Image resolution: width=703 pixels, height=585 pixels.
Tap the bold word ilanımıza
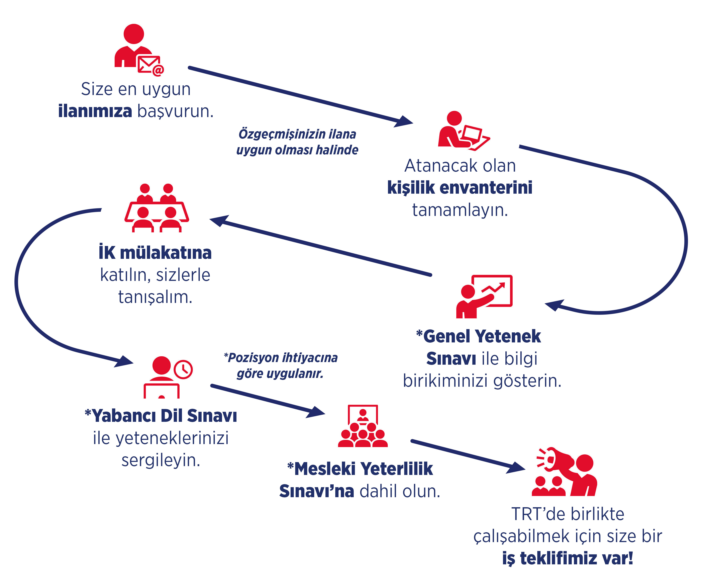[95, 111]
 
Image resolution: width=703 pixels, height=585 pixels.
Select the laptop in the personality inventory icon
[472, 133]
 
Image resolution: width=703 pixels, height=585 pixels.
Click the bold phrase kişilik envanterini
[460, 187]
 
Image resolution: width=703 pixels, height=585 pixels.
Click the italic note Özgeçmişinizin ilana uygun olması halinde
[297, 142]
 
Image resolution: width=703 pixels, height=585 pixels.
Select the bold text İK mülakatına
[155, 253]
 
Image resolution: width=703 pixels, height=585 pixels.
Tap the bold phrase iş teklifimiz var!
[567, 558]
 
